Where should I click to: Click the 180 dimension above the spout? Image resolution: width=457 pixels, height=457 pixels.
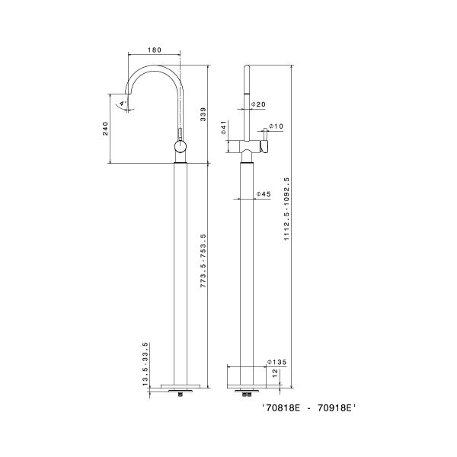155,51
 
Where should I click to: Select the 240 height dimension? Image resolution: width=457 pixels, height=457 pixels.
105,129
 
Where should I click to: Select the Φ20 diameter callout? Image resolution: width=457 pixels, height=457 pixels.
259,104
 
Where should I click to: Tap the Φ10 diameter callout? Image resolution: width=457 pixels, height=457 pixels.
276,126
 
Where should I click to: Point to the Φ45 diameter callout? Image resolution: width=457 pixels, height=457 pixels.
264,194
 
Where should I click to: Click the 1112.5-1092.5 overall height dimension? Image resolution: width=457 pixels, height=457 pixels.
287,209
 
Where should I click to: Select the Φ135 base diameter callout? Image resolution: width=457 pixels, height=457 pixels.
276,363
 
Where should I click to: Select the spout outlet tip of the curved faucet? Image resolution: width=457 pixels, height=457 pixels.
129,107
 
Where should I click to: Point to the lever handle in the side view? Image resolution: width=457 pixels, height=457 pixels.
265,145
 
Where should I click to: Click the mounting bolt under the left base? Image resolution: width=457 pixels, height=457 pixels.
180,393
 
